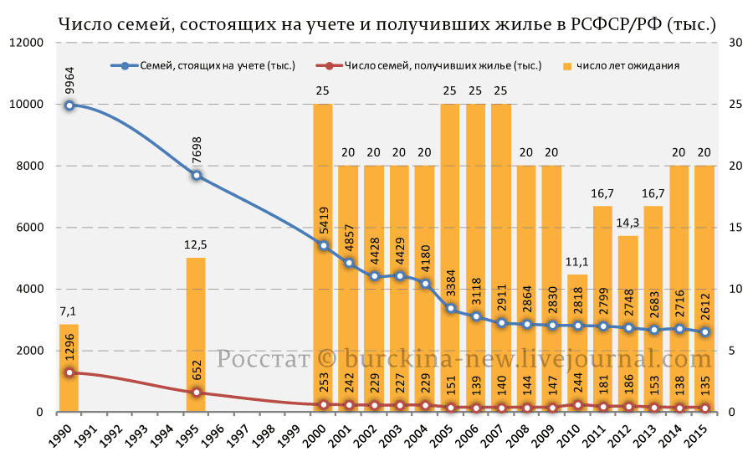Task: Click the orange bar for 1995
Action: tap(196, 335)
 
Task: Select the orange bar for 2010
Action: tap(577, 343)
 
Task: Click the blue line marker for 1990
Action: tap(69, 105)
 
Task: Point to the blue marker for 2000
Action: tap(323, 245)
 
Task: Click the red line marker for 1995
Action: tap(196, 393)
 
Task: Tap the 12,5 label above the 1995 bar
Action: tap(196, 246)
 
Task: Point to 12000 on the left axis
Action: tap(27, 43)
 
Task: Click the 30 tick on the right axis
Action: tap(735, 43)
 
